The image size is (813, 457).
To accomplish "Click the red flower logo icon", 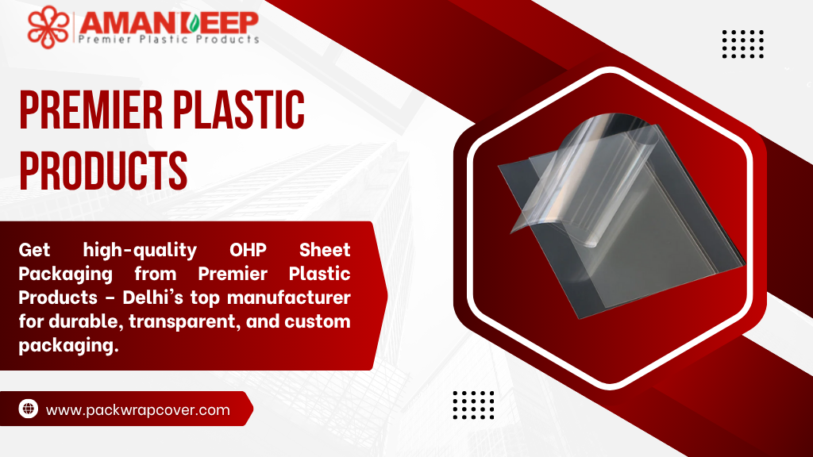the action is (48, 27).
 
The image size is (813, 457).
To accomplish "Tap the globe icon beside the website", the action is (29, 409).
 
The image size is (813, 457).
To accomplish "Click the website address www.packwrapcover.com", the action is (138, 410).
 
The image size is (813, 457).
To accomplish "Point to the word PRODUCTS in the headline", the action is (103, 170).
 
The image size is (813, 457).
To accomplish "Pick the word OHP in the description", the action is (248, 250).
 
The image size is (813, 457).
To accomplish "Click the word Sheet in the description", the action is (325, 250).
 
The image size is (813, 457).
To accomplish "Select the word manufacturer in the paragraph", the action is (289, 298).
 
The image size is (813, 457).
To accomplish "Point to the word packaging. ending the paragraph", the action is (69, 346).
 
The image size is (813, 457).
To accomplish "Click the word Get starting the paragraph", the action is (34, 250).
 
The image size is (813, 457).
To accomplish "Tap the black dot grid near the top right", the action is (743, 44).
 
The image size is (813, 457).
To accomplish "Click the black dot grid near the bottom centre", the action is (473, 405).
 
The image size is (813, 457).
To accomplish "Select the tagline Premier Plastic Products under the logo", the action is (168, 40).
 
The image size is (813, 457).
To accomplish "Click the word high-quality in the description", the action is (140, 250).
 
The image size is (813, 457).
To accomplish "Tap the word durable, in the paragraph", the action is (86, 322).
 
